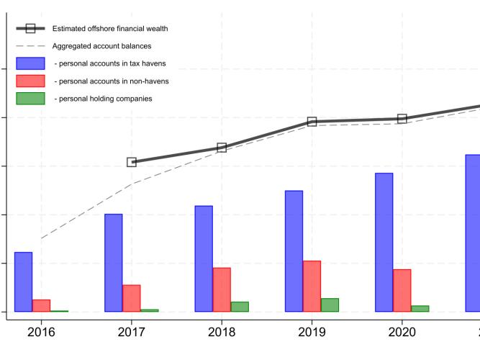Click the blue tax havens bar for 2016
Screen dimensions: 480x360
[23, 282]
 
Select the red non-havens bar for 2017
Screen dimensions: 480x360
[132, 298]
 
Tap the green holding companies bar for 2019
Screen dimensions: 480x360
[330, 305]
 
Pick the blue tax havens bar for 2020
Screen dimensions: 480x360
[384, 243]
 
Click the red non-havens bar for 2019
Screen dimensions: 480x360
[312, 287]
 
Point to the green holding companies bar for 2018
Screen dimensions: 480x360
[240, 307]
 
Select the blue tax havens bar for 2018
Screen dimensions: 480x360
[204, 259]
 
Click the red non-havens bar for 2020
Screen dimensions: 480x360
[402, 291]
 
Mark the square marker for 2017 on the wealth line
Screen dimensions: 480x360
[132, 162]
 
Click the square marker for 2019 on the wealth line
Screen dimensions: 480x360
[312, 122]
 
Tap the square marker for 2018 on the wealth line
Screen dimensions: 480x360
[222, 148]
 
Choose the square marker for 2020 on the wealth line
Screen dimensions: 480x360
[402, 119]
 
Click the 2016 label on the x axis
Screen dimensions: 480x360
[41, 333]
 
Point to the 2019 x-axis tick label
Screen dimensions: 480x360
[312, 333]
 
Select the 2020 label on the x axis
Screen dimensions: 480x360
[402, 333]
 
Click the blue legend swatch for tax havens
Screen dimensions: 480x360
[31, 63]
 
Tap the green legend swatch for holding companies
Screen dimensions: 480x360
[31, 99]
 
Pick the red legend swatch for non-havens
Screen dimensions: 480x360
[31, 81]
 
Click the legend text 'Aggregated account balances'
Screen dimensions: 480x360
[102, 46]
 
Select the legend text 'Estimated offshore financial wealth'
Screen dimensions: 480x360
[110, 29]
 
